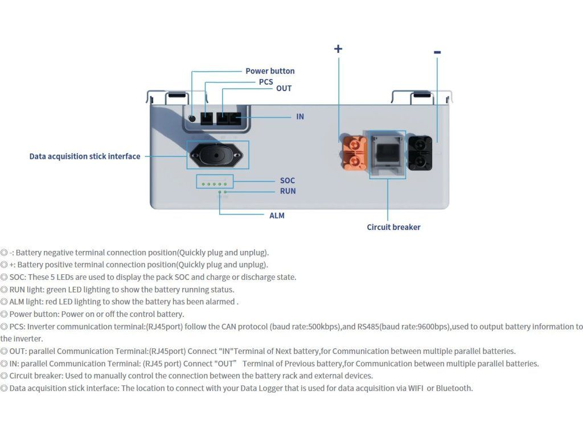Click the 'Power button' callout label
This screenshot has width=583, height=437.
tap(270, 71)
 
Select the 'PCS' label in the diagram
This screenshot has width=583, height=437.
tap(266, 82)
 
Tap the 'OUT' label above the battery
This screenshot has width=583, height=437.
tap(284, 88)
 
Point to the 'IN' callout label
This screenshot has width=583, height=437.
tap(300, 117)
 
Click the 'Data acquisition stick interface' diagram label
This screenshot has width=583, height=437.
tap(85, 156)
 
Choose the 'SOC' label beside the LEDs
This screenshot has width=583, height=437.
tap(288, 180)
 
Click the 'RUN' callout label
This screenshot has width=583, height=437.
tap(288, 191)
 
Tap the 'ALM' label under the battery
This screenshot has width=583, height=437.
tap(277, 216)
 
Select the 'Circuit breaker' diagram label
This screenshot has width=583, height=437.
tap(393, 227)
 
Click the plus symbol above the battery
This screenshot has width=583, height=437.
tap(338, 49)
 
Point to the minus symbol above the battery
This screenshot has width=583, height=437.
tap(437, 52)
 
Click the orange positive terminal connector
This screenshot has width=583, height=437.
tap(354, 153)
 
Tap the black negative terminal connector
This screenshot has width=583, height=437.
tap(420, 153)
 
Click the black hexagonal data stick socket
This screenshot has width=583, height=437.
tap(216, 155)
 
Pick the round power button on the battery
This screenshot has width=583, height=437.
tap(192, 118)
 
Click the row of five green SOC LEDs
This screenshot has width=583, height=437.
tap(214, 184)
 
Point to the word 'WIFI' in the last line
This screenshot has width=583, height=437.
tap(416, 388)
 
